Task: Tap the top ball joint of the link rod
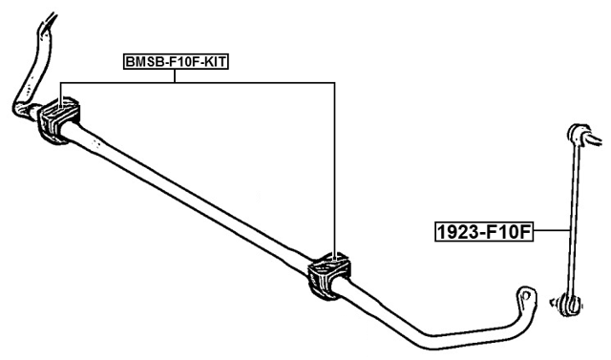[x=579, y=133]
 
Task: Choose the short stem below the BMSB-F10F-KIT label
[x=176, y=75]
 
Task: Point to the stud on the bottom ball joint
[x=559, y=304]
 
